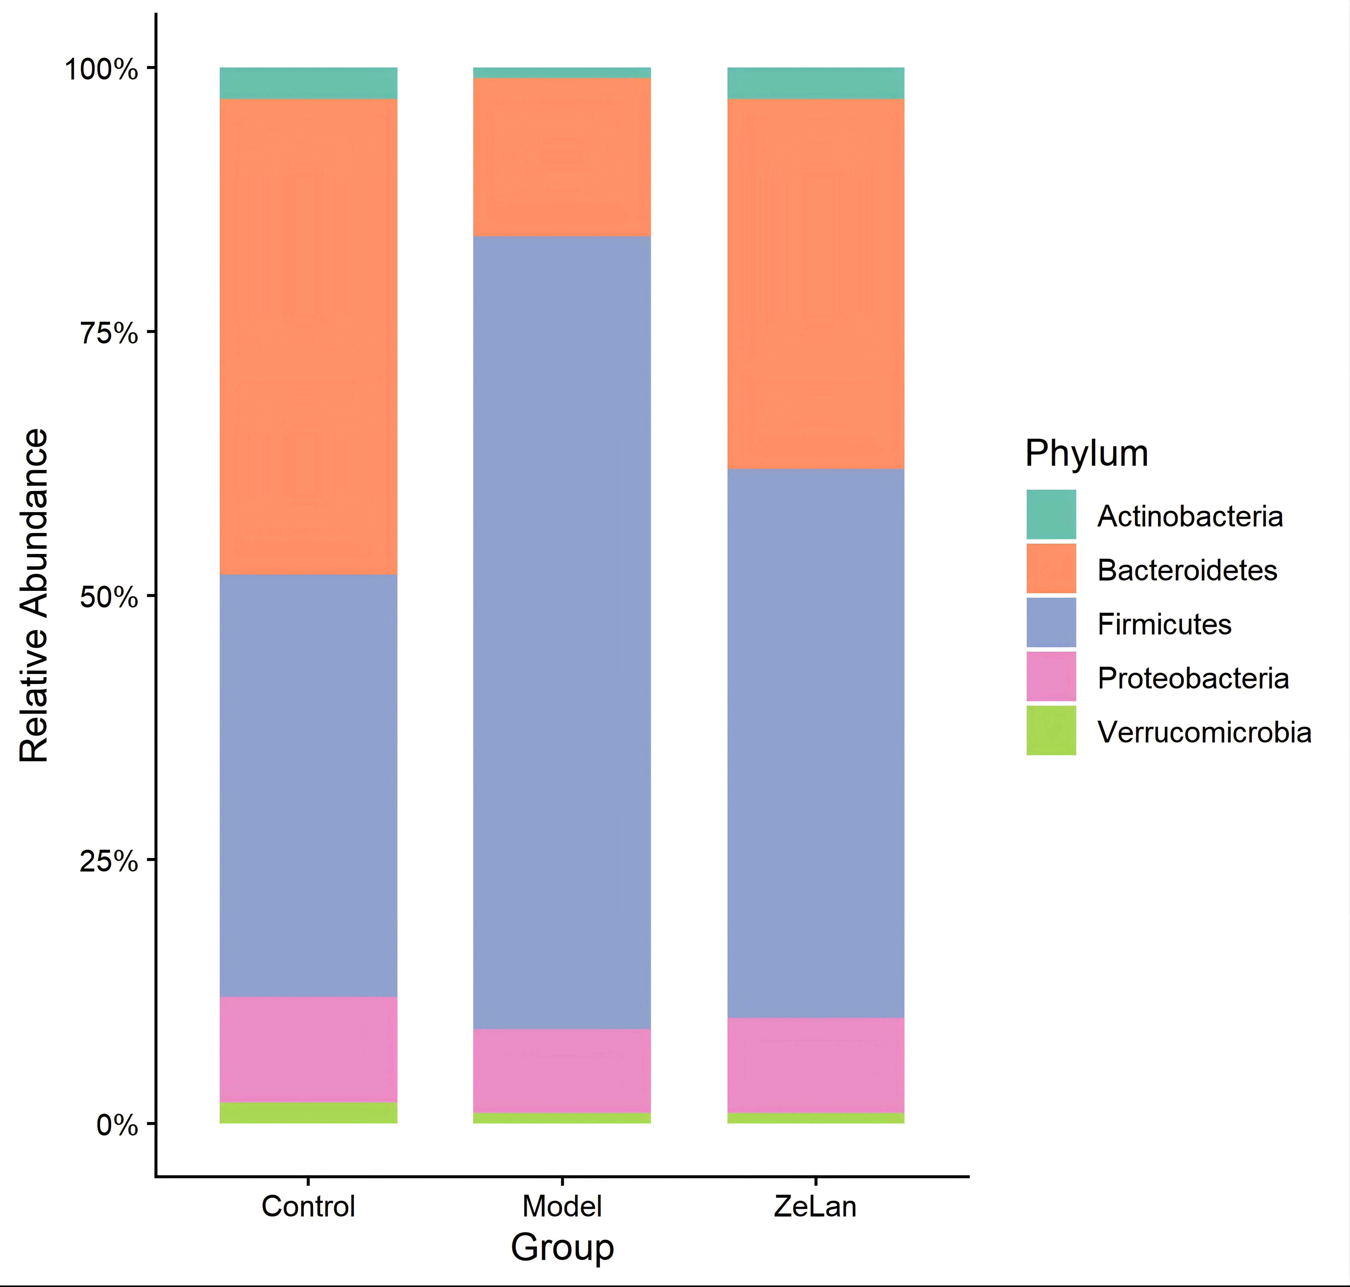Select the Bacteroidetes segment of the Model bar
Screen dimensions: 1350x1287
click(562, 157)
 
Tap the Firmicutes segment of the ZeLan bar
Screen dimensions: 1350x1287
click(816, 743)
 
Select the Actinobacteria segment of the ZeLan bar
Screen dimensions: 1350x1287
click(816, 83)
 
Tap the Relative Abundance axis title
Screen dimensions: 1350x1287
click(34, 595)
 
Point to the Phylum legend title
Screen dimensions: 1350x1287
click(1087, 453)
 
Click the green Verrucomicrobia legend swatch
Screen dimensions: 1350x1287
click(1051, 731)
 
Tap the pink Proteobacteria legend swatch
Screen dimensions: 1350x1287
click(1051, 676)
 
